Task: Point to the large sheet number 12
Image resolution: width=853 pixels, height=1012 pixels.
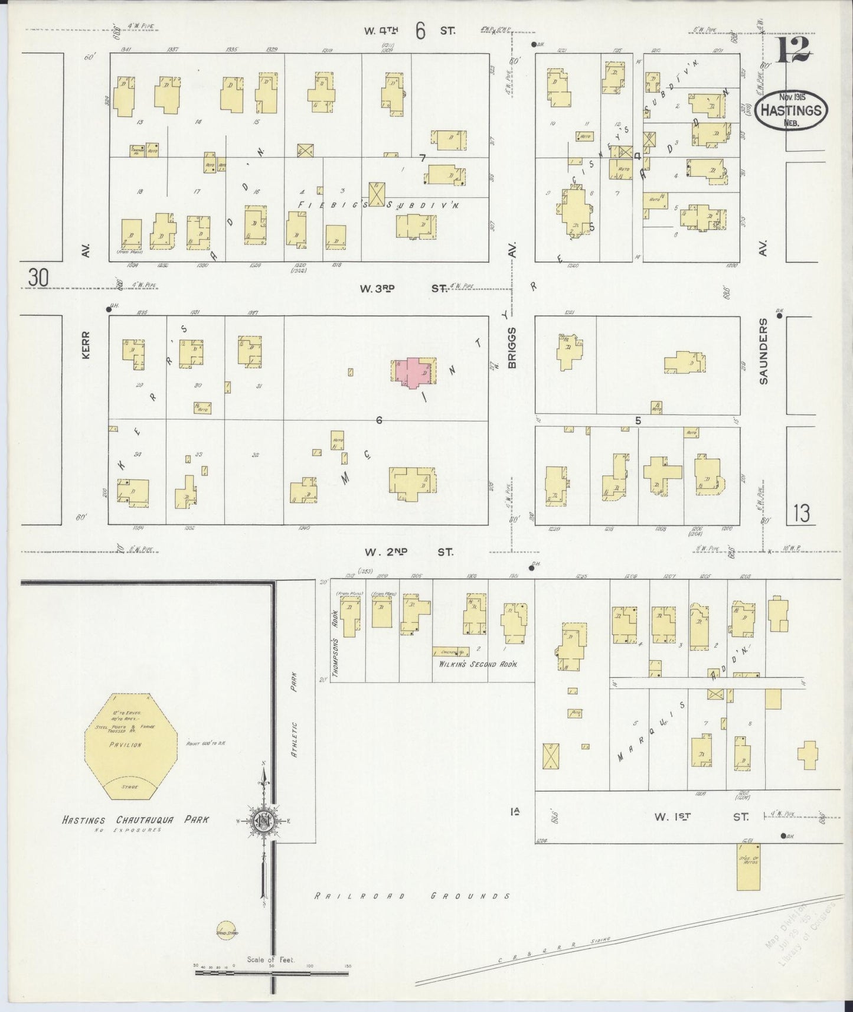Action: coord(793,49)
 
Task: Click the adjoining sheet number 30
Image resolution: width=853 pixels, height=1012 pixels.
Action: coord(38,278)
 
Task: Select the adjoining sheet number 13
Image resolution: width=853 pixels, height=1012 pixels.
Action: coord(801,514)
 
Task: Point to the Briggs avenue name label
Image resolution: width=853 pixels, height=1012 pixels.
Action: coord(512,348)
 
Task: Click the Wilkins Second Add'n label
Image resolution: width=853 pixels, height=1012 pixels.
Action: coord(478,664)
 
